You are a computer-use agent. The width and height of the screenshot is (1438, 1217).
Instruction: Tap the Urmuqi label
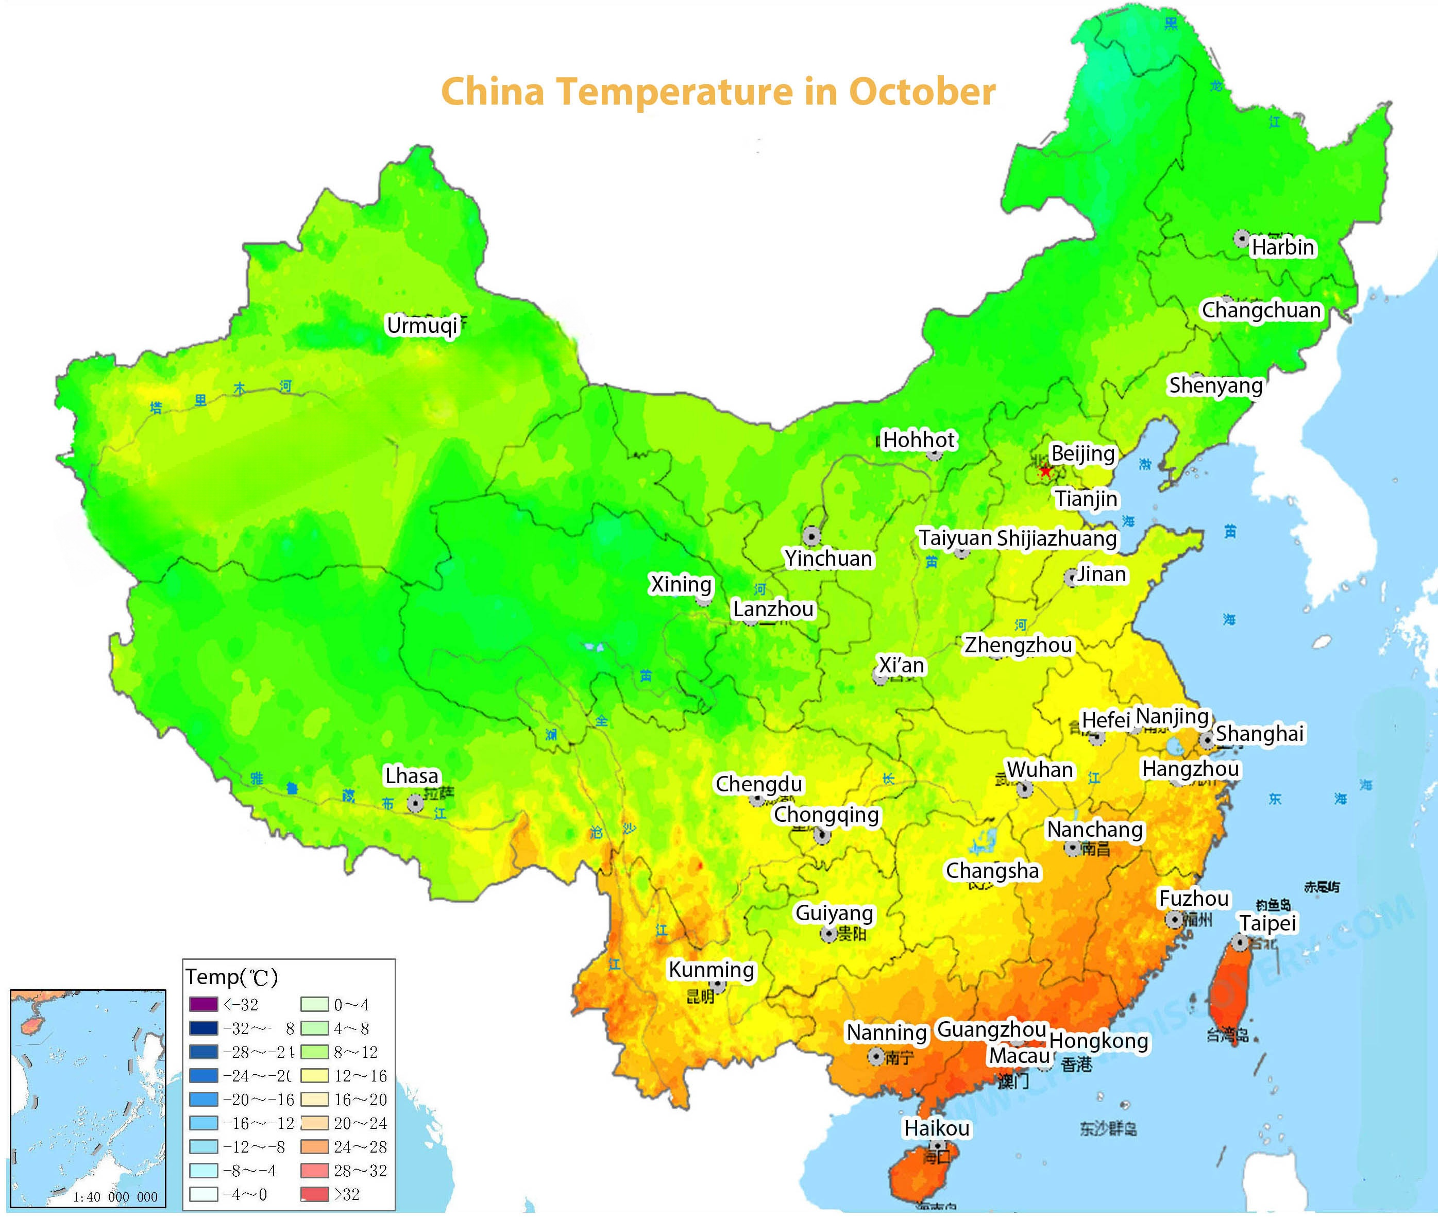tap(421, 325)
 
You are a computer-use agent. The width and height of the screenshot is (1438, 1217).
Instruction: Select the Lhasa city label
tap(411, 775)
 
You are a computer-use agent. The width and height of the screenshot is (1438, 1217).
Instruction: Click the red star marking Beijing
tap(1045, 471)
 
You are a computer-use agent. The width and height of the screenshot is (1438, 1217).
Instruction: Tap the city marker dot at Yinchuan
tap(811, 535)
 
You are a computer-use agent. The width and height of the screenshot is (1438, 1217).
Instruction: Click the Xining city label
tap(681, 584)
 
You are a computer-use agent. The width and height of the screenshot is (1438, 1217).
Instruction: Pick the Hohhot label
tap(919, 440)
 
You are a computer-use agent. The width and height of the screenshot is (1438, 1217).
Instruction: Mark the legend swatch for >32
tap(314, 1194)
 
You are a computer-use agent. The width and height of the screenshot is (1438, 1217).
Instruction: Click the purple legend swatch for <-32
tap(203, 1005)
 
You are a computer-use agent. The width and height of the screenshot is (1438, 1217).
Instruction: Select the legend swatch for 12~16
tap(314, 1076)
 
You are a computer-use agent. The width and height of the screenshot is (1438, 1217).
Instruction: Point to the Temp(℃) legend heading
tap(232, 977)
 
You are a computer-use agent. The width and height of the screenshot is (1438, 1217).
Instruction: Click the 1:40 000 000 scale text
tap(115, 1197)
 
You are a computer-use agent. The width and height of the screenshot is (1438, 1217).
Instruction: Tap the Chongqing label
tap(826, 815)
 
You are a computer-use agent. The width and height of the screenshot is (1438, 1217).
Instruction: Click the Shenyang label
tap(1215, 386)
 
